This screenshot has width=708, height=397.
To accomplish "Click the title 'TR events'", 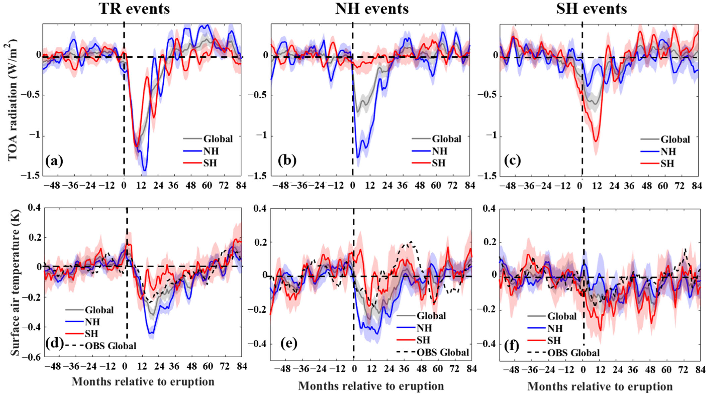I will [x=134, y=9].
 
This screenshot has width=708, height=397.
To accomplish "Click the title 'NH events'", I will [x=372, y=9].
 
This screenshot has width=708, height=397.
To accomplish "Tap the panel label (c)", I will [x=512, y=161].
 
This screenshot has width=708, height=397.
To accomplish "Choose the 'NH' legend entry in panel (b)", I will [x=439, y=151].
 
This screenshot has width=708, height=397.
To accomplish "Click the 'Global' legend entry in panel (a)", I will [x=218, y=139].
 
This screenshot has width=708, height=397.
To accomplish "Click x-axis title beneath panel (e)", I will [x=371, y=386].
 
